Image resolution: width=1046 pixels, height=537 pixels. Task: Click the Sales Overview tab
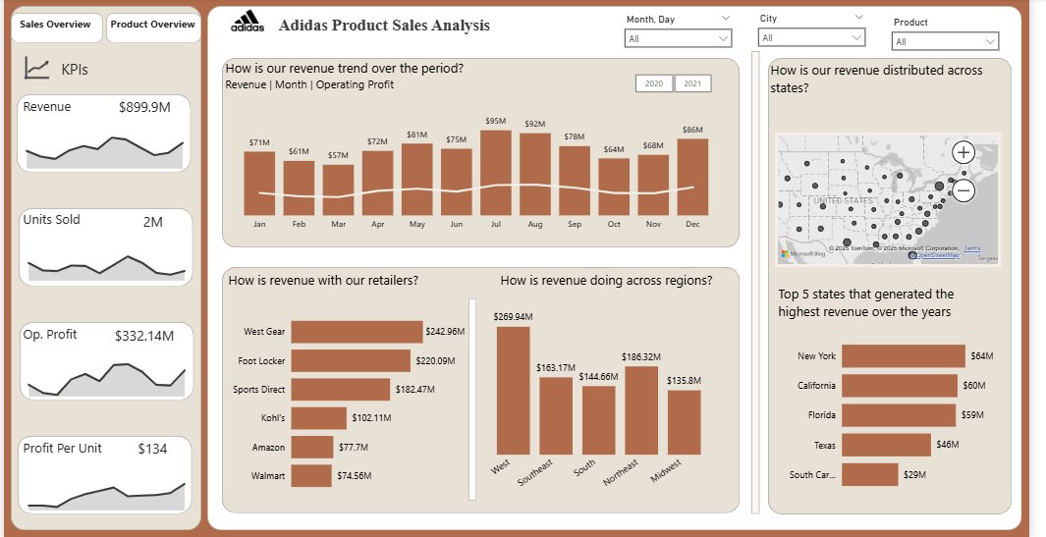coord(56,25)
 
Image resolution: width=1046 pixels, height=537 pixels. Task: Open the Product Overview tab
coord(152,25)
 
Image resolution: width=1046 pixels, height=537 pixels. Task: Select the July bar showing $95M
coord(496,172)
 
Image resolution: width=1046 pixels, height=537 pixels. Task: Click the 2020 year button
coord(653,83)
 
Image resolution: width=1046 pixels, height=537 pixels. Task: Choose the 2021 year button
coord(692,83)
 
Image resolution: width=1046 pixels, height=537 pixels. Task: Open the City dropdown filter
coord(811,37)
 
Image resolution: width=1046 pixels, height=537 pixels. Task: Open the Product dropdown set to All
coord(945,41)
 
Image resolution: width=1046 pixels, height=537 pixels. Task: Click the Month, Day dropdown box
coord(678,37)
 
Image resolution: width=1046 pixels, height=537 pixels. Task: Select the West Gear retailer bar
coord(357,332)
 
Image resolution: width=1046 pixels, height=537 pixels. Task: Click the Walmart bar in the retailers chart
coord(311,476)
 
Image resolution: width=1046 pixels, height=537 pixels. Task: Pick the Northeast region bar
coord(640,407)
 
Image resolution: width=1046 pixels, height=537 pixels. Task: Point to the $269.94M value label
coord(513,316)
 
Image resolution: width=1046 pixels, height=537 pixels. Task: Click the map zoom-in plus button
coord(963,152)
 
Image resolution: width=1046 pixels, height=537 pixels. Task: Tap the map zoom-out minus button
coord(963,190)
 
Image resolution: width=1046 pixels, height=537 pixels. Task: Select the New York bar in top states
coord(904,356)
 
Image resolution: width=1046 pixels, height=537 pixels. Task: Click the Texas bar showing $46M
coord(886,445)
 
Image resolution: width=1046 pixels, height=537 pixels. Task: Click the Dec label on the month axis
coord(692,225)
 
